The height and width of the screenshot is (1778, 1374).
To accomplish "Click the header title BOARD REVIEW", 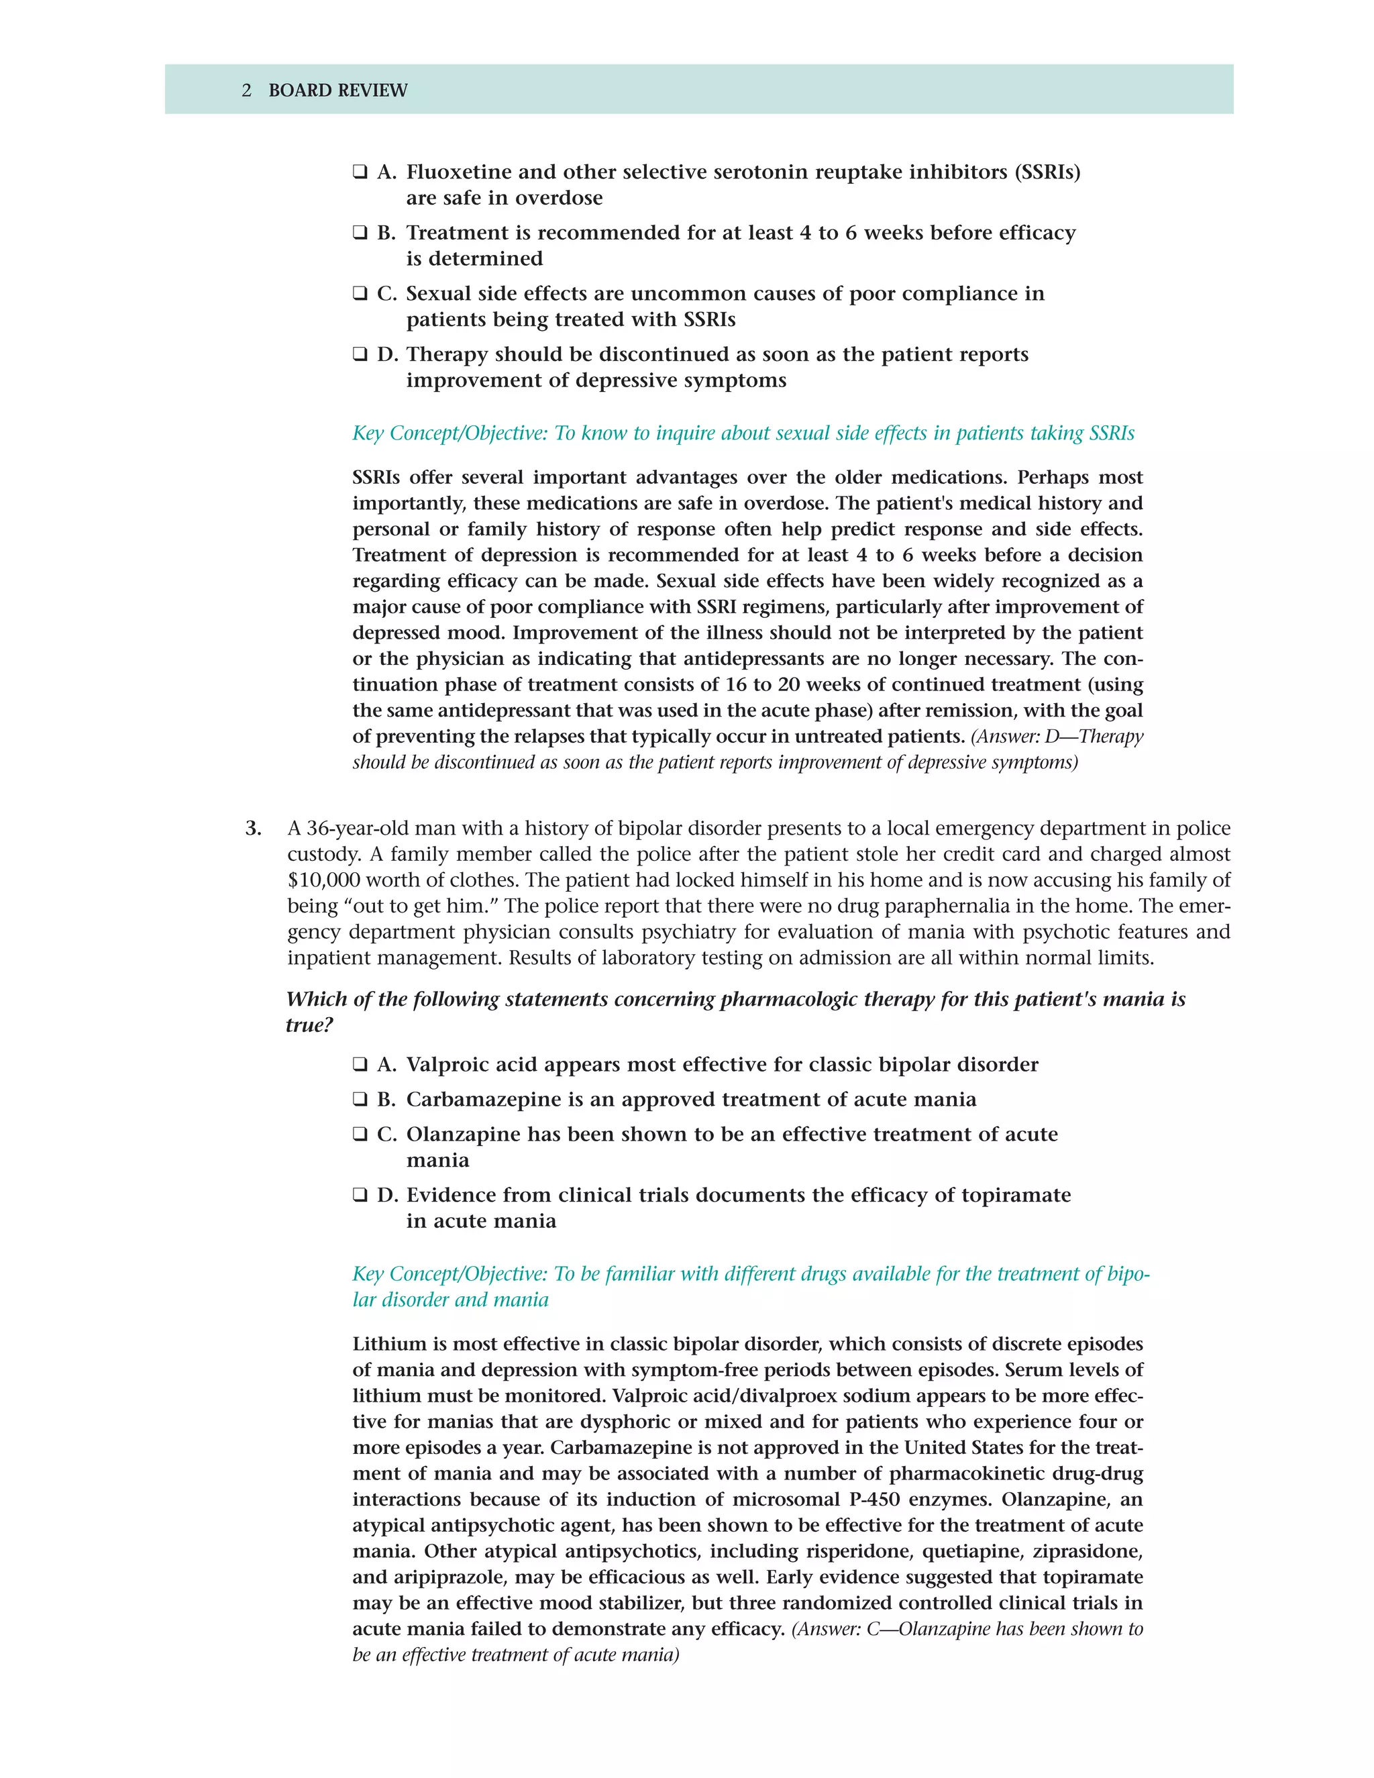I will pos(338,91).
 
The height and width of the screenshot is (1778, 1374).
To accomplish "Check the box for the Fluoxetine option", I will pos(360,172).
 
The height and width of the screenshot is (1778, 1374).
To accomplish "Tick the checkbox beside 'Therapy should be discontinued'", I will pos(360,354).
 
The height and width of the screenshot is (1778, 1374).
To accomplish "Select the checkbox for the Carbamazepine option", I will pos(360,1099).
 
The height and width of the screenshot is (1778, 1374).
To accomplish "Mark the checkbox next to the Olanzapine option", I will pos(360,1134).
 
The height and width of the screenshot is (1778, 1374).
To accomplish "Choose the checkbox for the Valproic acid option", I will pos(360,1064).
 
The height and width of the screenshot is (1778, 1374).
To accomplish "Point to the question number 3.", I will pos(253,828).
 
